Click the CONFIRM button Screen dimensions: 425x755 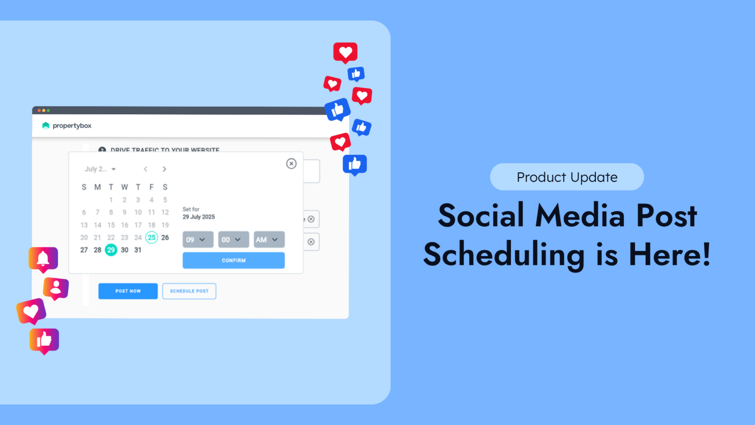(x=234, y=260)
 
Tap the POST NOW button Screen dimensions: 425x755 (x=128, y=291)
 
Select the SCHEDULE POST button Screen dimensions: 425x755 (x=189, y=291)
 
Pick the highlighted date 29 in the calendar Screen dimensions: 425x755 (x=111, y=250)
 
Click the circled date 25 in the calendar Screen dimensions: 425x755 (x=151, y=237)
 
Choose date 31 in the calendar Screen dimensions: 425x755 (x=138, y=250)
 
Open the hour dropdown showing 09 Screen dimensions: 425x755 (x=198, y=239)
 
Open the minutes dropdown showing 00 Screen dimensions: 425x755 (x=233, y=239)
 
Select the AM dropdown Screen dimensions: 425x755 (x=269, y=239)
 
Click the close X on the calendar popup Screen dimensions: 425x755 (x=291, y=163)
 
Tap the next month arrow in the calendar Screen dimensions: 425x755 (x=164, y=169)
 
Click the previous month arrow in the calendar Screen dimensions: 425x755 (x=146, y=169)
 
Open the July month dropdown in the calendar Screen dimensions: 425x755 (x=100, y=169)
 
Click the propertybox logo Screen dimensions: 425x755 (x=67, y=126)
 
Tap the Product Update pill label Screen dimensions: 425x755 (x=567, y=177)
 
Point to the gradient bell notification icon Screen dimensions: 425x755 (x=43, y=258)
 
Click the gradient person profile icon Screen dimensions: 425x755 (x=56, y=288)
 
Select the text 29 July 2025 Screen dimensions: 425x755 (x=199, y=217)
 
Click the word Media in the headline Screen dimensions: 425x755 (x=580, y=216)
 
